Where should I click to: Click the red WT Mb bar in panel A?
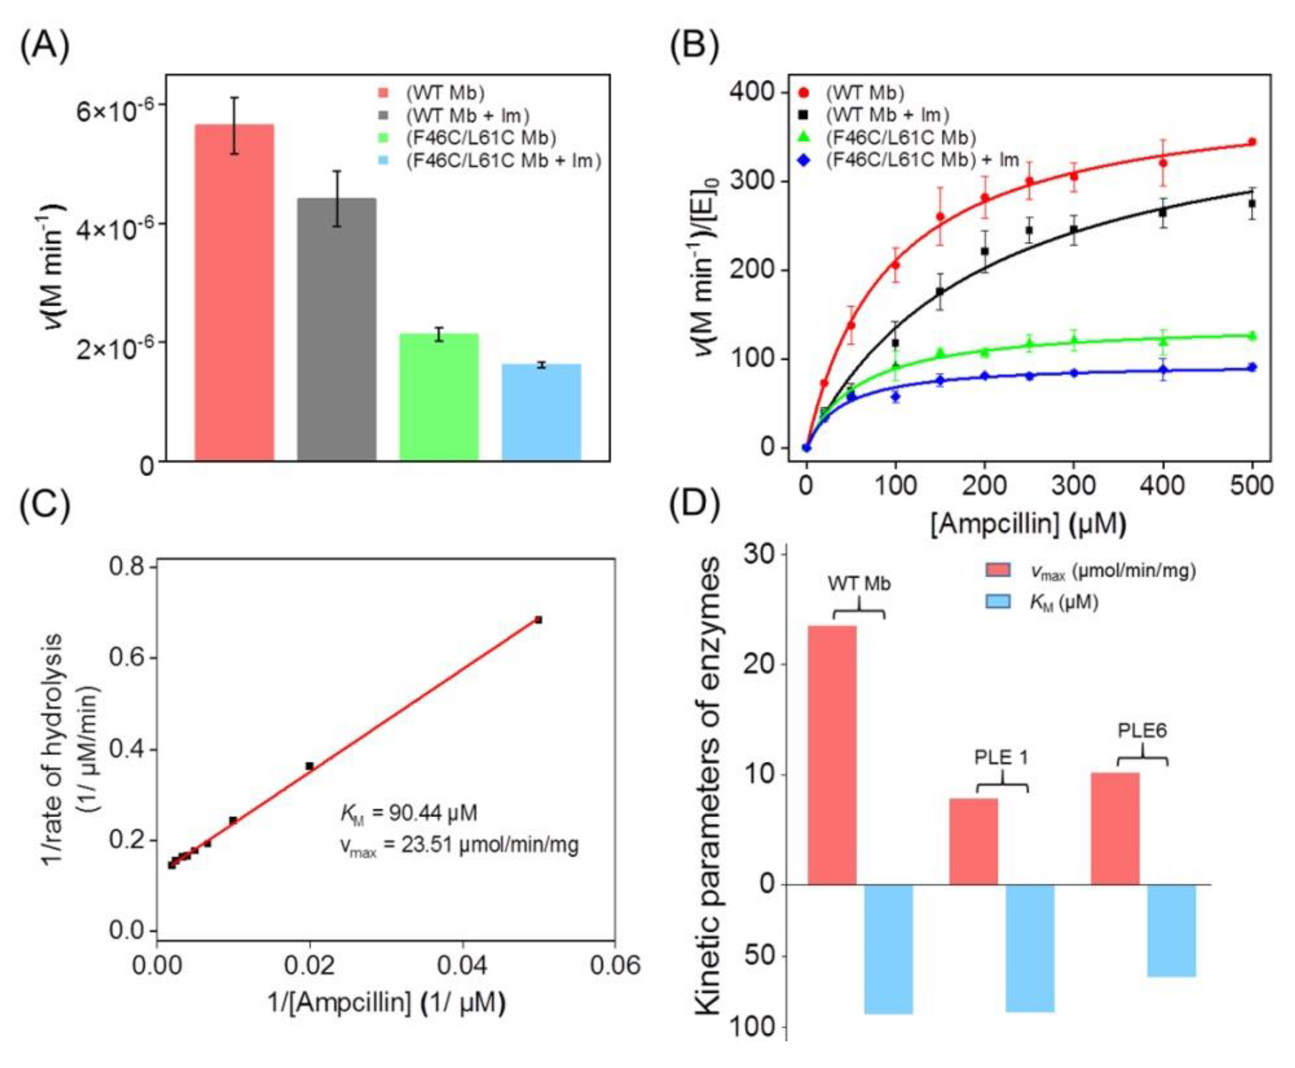(234, 292)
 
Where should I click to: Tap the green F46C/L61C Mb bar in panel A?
(439, 397)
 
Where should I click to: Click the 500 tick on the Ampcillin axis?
(1251, 486)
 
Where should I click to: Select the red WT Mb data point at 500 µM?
(1251, 142)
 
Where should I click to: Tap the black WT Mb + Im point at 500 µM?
(1251, 203)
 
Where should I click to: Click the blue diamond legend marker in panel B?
(803, 160)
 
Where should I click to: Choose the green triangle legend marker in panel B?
(803, 138)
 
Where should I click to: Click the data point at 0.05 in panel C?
(538, 619)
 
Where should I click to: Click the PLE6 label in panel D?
(1142, 731)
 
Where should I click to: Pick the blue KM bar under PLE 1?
(1029, 948)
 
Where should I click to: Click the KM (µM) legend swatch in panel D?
(998, 602)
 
